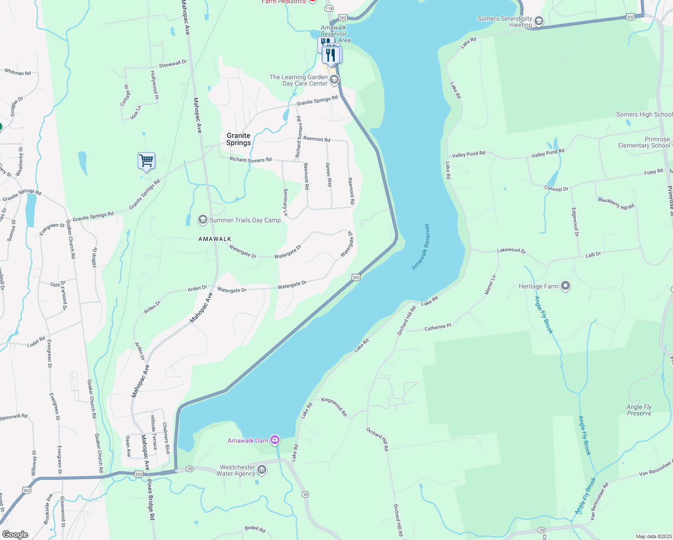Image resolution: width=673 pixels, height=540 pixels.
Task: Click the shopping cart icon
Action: (146, 161)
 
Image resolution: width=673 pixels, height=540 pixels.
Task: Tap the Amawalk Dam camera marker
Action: (274, 440)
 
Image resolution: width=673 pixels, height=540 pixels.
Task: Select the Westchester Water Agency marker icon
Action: (261, 470)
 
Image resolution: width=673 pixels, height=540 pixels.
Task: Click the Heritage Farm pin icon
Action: (565, 286)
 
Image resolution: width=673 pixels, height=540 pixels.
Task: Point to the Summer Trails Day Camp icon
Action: (203, 220)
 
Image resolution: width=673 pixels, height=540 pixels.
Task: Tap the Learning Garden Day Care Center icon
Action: (334, 80)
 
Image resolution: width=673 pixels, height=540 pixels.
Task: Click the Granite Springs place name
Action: (238, 139)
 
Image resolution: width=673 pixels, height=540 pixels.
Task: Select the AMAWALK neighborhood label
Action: (215, 239)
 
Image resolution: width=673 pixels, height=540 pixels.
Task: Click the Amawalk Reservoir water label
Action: (421, 247)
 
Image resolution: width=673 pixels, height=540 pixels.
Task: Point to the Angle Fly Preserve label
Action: (639, 410)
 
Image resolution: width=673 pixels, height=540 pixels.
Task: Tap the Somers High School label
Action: (644, 115)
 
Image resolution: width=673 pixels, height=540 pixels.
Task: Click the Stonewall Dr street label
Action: (172, 64)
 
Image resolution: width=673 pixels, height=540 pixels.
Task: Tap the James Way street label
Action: (329, 175)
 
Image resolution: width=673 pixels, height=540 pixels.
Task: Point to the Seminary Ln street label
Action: (285, 202)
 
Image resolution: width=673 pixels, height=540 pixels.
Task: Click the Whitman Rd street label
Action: (18, 72)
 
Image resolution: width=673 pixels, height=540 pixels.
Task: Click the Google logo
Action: (15, 534)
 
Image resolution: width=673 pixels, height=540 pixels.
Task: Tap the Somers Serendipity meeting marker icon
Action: (538, 21)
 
